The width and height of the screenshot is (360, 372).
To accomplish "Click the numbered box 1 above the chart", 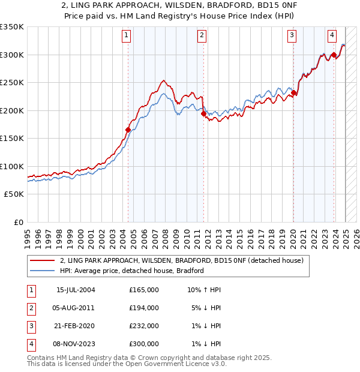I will pyautogui.click(x=127, y=36).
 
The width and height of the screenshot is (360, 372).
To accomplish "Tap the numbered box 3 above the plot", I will pyautogui.click(x=292, y=36).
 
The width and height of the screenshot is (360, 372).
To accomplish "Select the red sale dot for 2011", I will pyautogui.click(x=203, y=113).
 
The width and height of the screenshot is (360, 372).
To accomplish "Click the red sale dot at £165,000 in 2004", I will pyautogui.click(x=128, y=130).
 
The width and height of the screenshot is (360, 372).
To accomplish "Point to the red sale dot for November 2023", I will pyautogui.click(x=333, y=55).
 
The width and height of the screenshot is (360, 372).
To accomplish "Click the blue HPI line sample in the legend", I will pyautogui.click(x=43, y=271).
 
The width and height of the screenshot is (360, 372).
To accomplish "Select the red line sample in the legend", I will pyautogui.click(x=43, y=260).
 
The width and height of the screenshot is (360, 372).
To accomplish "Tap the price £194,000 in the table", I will pyautogui.click(x=144, y=308).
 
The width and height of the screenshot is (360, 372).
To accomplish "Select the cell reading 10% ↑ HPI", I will pyautogui.click(x=205, y=290).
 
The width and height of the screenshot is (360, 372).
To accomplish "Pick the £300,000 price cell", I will pyautogui.click(x=144, y=344).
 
